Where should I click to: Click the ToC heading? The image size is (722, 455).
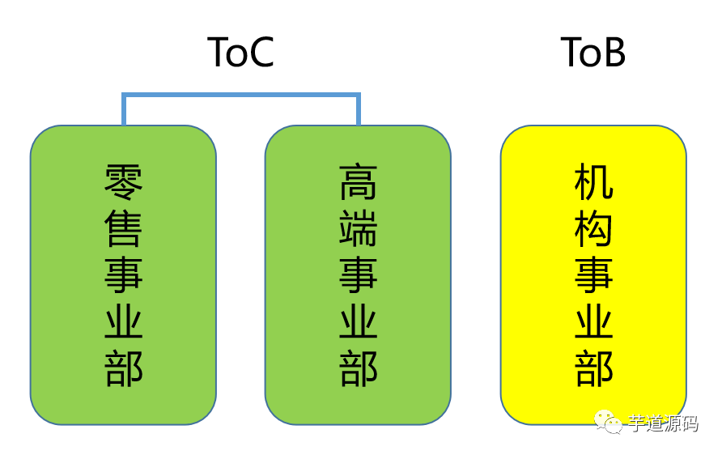pos(240,52)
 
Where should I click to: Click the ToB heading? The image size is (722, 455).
pos(593,52)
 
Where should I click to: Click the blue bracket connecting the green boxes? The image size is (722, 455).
pos(240,96)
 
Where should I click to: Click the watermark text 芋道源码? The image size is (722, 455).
pos(663,423)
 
